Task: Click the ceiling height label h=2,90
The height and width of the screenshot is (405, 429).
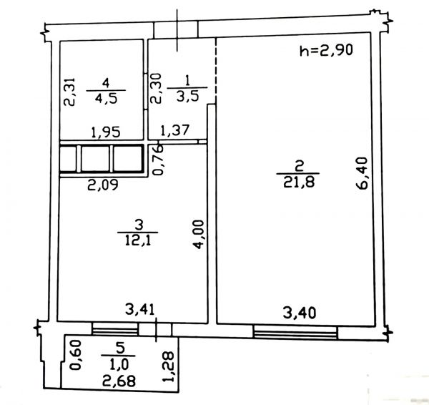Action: pos(327,50)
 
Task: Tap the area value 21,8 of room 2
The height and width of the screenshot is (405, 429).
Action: pos(299,182)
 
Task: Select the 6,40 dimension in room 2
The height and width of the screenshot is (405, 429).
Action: pos(363,173)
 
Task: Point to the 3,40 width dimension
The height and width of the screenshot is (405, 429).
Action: pos(300,313)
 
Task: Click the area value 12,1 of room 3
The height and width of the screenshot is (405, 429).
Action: pos(138,240)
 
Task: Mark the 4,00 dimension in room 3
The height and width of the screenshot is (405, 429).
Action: pos(199,235)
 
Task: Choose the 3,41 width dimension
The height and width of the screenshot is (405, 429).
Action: pos(140,310)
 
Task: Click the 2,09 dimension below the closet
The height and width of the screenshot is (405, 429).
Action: pos(103,185)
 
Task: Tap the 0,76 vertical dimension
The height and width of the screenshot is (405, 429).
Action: pos(158,160)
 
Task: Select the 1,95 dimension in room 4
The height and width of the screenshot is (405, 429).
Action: pos(106,132)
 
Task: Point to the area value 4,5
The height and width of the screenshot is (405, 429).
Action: pos(106,98)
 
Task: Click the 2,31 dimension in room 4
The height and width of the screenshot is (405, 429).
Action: pos(69,92)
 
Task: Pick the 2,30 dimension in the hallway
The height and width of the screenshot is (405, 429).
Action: pos(157,88)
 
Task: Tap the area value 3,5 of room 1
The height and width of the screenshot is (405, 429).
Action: pos(187,96)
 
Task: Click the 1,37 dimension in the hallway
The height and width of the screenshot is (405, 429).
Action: pos(175,130)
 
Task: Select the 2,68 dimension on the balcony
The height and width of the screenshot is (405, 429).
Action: pos(119,381)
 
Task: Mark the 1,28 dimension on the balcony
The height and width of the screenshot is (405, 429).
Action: pos(168,366)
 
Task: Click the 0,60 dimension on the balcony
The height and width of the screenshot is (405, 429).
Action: pos(75,355)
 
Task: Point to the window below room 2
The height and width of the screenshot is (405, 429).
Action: pos(295,332)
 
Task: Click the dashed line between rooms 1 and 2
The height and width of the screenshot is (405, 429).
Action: pos(216,70)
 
